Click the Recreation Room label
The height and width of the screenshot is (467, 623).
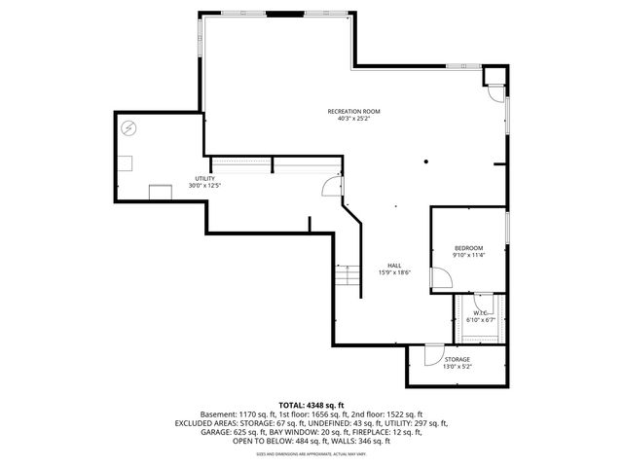tap(352, 112)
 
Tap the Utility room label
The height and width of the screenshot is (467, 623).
tap(204, 179)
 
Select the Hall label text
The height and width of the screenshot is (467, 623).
tap(394, 266)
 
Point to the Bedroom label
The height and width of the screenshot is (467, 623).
tap(468, 248)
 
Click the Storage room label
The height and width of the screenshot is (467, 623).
tap(458, 359)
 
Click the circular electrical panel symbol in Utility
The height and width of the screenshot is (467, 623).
tap(129, 128)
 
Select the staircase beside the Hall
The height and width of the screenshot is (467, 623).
tap(348, 276)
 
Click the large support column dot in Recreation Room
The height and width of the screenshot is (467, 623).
tap(425, 162)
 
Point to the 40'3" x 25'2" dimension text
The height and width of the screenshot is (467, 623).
tap(352, 120)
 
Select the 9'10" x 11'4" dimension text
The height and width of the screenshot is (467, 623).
tap(468, 256)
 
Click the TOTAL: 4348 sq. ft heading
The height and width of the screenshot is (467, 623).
tap(311, 405)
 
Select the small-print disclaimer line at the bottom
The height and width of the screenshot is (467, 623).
tap(311, 453)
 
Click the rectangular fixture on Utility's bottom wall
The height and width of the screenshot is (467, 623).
tap(159, 190)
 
